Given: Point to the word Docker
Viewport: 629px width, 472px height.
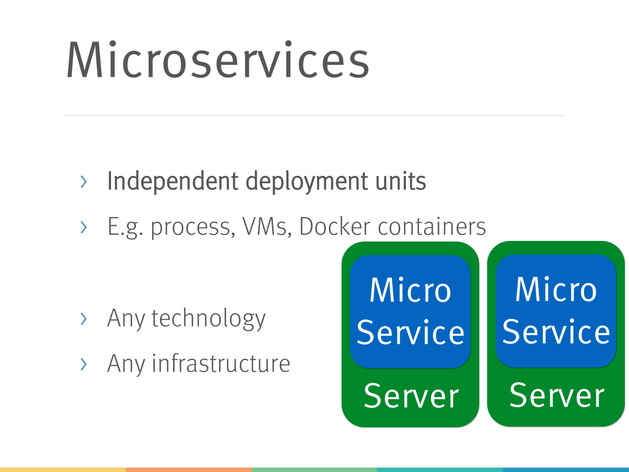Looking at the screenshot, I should coord(335,227).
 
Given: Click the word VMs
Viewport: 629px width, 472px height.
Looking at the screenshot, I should coord(265,227).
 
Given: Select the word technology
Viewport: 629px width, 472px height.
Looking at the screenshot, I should coord(208,319).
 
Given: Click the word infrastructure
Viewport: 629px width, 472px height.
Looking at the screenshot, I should coord(221,363).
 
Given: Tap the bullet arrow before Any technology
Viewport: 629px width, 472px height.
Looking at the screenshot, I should coord(83,319).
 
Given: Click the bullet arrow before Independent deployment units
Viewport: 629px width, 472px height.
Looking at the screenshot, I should coord(83,182).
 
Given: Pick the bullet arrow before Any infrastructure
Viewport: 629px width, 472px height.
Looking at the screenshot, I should coord(83,364).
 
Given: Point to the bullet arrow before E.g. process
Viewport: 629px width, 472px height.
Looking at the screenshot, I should coord(83,227).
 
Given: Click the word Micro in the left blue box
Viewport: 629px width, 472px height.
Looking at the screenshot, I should coord(410,290).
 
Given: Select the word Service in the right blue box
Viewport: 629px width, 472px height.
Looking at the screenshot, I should coord(556,332).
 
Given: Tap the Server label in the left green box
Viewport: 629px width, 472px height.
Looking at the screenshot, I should coord(411,396).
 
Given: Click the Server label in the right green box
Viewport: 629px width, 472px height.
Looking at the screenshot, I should coord(557,395).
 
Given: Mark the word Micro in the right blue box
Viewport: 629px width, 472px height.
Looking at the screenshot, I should coord(556,289).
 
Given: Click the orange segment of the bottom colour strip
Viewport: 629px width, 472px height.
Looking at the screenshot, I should coord(189,470).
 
